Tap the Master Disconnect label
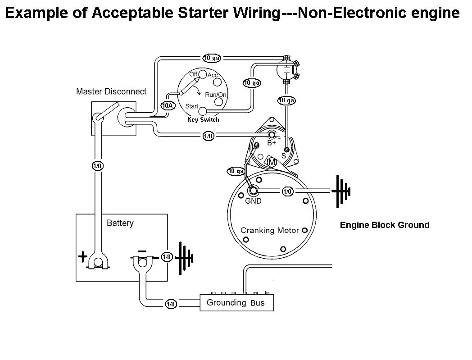coord(111,91)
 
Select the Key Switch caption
coord(203,119)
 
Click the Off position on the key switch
coord(194,74)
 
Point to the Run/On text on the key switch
coord(215,95)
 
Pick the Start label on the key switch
coord(192,106)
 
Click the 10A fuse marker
coord(167,106)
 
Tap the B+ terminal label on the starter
coord(272,143)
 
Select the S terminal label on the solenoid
coord(283,155)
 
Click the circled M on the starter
coord(272,161)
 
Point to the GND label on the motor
coord(253,201)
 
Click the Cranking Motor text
coord(269,230)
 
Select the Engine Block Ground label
coord(384,225)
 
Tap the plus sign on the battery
coord(82,257)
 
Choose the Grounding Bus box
coord(237,303)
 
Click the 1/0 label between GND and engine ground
coord(287,191)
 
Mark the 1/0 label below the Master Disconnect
coord(97,165)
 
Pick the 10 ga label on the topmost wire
coord(211,58)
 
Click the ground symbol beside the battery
coord(184,258)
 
